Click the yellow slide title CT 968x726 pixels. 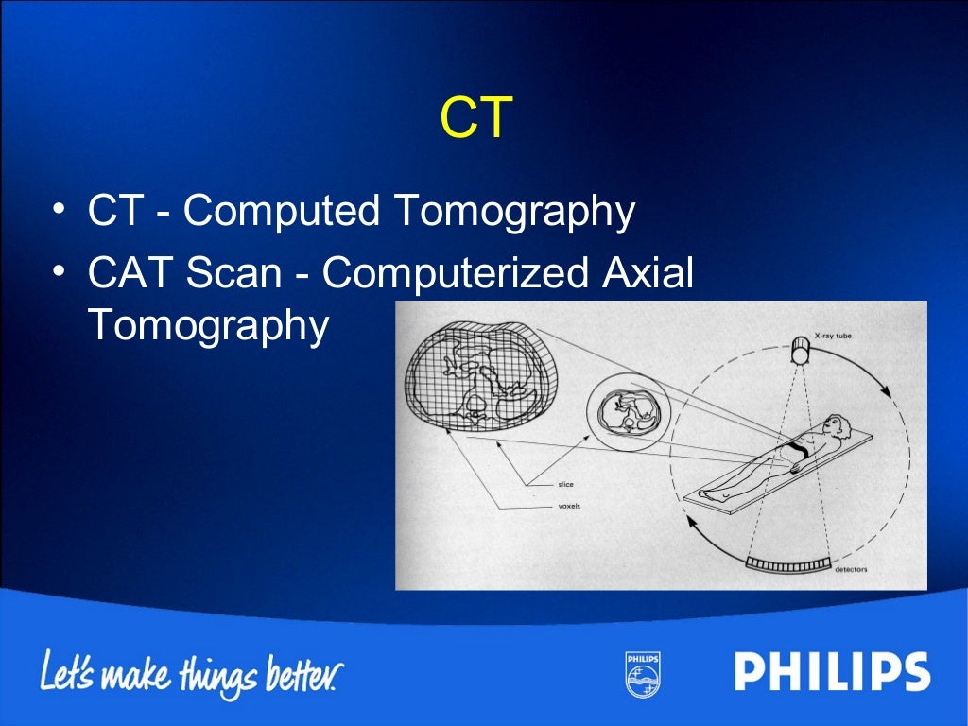(476, 119)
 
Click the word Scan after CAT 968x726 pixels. (233, 274)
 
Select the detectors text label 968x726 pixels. (851, 570)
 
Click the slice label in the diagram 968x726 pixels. (565, 485)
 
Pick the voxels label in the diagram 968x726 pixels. (569, 506)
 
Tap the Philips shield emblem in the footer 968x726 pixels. (642, 673)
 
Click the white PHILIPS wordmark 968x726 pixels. (832, 673)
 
